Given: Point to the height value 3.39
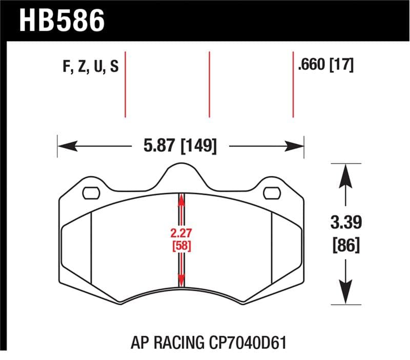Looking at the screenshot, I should point(347,224).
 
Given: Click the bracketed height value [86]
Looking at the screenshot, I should point(347,245).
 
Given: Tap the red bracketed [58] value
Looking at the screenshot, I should point(181,246).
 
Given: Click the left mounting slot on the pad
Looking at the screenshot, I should point(91,193).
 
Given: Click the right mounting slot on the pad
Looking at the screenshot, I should point(271,193).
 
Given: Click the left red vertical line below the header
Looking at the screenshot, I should point(125,85).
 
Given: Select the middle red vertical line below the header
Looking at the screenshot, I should point(209,85).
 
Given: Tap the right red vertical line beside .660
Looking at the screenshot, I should point(293,85).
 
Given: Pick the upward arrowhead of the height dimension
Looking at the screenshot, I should point(347,172).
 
